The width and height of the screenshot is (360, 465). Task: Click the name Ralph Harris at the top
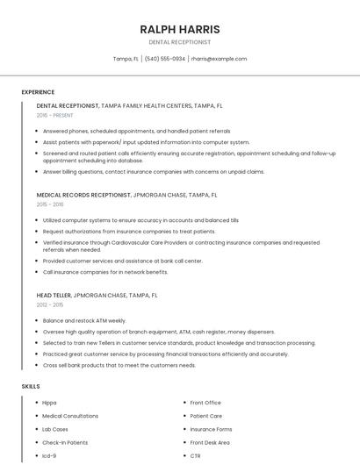point(179,29)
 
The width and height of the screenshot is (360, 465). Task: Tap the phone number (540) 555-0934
point(165,59)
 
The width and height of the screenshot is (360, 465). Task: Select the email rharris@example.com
point(219,59)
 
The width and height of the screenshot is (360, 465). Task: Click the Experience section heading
point(38,92)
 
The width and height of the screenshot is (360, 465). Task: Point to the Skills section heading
point(31,386)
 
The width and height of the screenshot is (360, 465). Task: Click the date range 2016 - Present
point(55,115)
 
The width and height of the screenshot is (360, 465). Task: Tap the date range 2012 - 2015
point(52,304)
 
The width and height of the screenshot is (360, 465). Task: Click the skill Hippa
point(50,403)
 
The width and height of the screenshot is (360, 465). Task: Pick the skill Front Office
point(205,403)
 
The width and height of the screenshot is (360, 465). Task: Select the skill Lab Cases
point(55,429)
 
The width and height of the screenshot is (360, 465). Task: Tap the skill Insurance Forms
point(211,429)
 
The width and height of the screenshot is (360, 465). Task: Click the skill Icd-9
point(49,456)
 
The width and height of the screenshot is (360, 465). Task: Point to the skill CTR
point(195,456)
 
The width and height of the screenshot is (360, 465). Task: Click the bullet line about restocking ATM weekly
point(84,321)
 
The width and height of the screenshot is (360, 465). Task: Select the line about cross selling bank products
point(119,365)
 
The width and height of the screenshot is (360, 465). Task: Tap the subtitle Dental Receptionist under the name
point(179,42)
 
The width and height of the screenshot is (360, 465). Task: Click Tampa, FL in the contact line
point(126,59)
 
